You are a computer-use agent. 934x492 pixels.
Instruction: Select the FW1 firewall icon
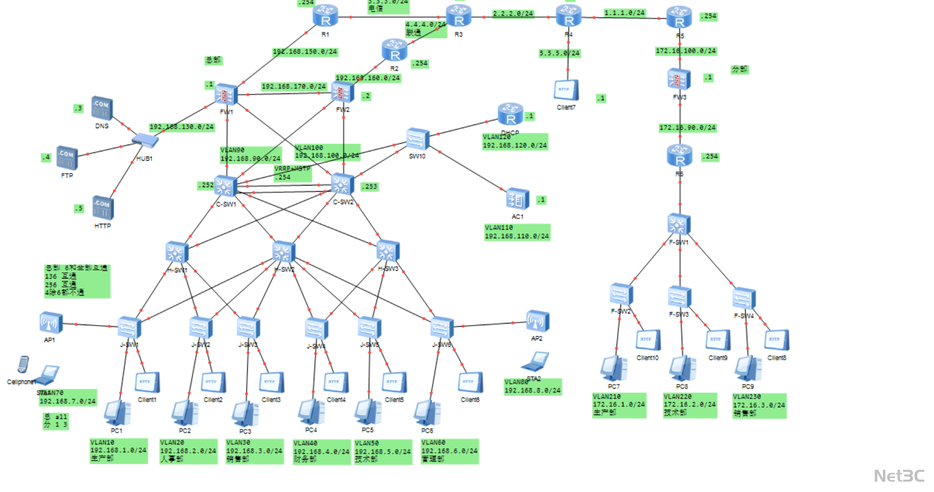click(226, 94)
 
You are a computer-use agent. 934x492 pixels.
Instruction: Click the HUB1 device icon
click(145, 140)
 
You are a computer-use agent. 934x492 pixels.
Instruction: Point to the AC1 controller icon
click(517, 199)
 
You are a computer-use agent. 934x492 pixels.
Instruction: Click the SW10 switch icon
click(417, 139)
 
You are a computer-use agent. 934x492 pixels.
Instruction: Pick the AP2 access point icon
click(537, 321)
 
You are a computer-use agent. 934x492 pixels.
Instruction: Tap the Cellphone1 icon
click(23, 365)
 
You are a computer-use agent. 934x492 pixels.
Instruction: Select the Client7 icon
click(566, 90)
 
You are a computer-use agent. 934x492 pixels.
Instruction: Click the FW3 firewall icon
click(679, 80)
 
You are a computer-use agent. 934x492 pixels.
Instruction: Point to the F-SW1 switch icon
click(679, 225)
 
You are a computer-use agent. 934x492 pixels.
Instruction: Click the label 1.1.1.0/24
click(624, 13)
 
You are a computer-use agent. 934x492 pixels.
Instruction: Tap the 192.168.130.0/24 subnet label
click(181, 127)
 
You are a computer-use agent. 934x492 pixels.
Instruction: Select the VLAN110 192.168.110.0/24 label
click(517, 232)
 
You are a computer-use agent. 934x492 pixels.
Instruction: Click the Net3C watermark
click(899, 475)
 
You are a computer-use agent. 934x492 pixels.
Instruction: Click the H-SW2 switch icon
click(283, 252)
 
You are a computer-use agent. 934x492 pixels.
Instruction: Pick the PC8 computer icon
click(682, 368)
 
